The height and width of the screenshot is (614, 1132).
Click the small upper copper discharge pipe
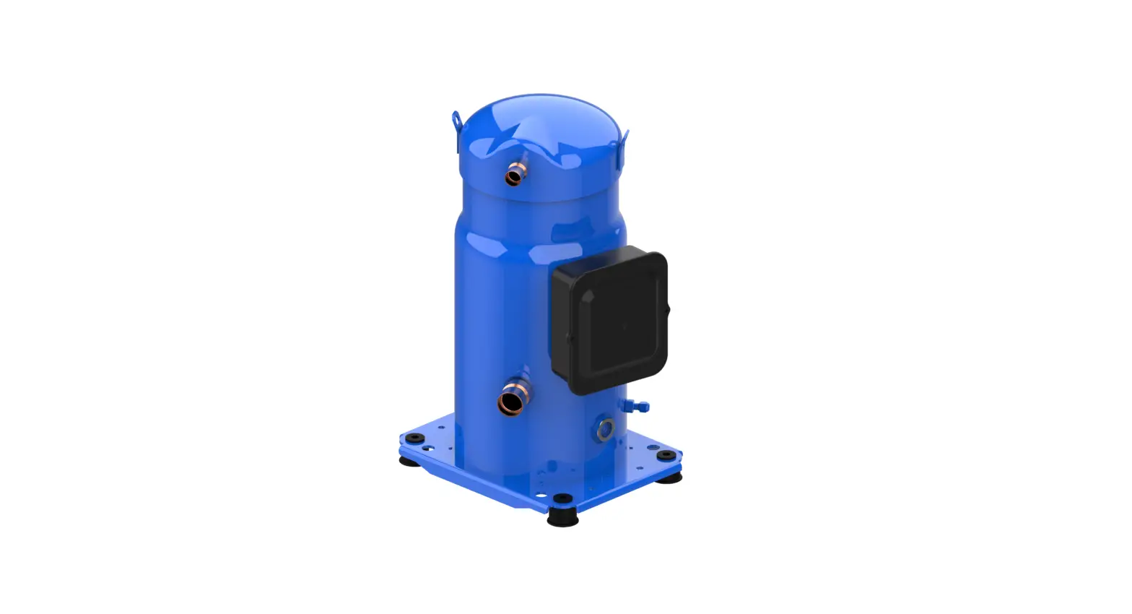[514, 175]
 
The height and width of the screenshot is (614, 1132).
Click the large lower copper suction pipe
[511, 401]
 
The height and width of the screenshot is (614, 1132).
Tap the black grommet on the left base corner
[414, 438]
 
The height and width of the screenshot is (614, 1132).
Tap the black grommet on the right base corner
[665, 455]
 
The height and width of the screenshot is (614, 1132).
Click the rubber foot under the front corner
[562, 518]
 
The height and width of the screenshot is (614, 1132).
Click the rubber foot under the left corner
[409, 460]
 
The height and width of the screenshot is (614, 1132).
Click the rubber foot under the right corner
[669, 477]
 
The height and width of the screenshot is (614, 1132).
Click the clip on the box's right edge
[666, 310]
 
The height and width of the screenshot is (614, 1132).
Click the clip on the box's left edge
[570, 337]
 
